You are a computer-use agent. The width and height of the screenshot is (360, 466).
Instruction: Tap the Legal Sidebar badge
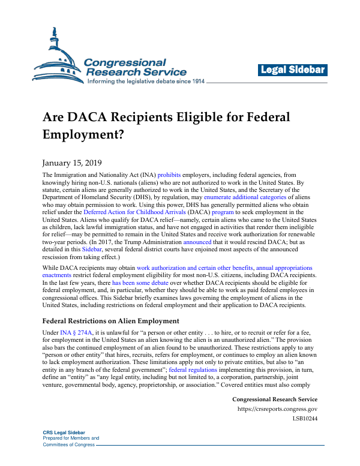(x=293, y=70)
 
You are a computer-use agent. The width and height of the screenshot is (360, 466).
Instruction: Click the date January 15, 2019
(x=72, y=163)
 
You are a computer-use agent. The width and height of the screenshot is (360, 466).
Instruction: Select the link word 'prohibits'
(x=169, y=175)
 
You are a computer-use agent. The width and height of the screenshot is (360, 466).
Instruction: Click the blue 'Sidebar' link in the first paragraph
(x=92, y=249)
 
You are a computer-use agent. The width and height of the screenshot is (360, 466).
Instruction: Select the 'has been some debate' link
(x=140, y=281)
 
